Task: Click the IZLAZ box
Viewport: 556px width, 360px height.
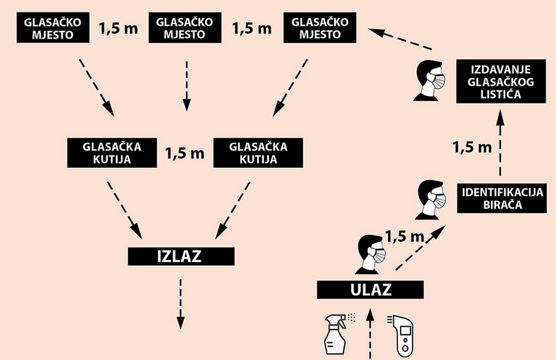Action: [180, 256]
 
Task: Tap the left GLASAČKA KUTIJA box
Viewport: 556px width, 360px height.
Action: [112, 153]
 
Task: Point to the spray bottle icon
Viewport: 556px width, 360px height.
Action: [338, 334]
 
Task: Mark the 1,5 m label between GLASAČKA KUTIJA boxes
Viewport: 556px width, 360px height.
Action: [184, 153]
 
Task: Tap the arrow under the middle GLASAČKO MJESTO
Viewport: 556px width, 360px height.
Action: [185, 84]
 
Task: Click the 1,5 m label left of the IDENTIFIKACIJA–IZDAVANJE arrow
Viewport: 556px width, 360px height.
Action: [471, 146]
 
